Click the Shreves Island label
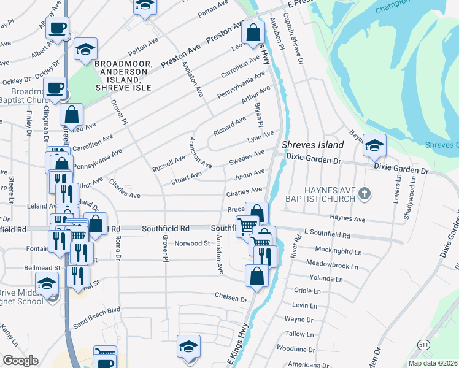(311, 145)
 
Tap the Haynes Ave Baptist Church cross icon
(364, 194)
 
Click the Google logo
(20, 361)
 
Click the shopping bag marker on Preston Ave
(253, 33)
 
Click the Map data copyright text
(432, 363)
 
